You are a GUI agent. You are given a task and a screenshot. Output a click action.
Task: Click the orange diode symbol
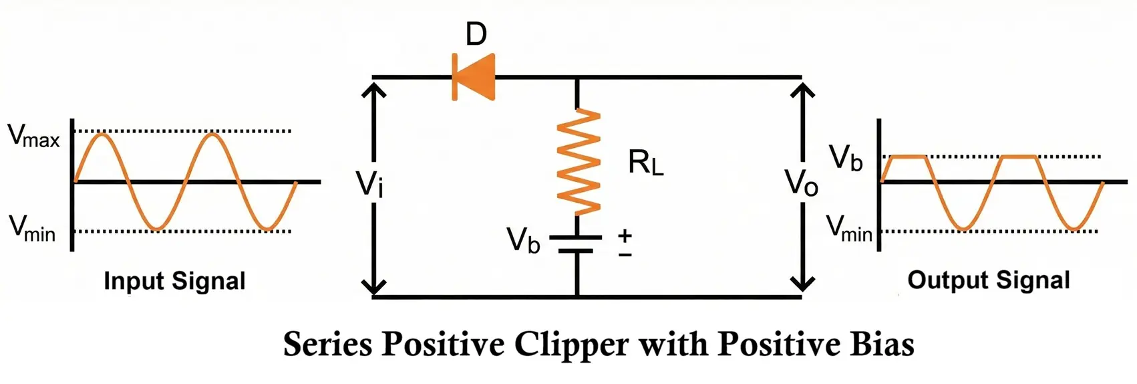[x=474, y=77]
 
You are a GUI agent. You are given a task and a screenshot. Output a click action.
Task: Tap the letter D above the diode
[x=476, y=33]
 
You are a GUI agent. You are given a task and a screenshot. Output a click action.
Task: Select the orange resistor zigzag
[x=579, y=163]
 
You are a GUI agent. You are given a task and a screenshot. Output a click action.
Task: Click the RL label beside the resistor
[x=645, y=163]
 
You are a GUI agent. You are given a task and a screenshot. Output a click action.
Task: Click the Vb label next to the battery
[x=523, y=240]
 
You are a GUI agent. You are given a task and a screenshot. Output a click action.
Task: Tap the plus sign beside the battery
[x=625, y=235]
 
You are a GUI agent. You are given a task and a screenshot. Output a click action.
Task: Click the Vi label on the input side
[x=369, y=184]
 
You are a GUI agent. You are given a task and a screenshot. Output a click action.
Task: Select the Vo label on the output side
[x=801, y=182]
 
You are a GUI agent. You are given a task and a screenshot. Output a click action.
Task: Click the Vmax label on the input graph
[x=33, y=135]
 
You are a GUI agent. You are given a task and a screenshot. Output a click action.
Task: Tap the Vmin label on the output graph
[x=849, y=228]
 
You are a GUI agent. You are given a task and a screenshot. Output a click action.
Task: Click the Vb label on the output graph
[x=846, y=158]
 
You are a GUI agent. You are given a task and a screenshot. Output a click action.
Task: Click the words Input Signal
[x=174, y=281]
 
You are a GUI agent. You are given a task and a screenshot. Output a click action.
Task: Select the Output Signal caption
[x=989, y=280]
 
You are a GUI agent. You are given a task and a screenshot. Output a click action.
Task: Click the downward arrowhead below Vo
[x=802, y=286]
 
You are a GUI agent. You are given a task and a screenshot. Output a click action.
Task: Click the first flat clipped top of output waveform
[x=907, y=157]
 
